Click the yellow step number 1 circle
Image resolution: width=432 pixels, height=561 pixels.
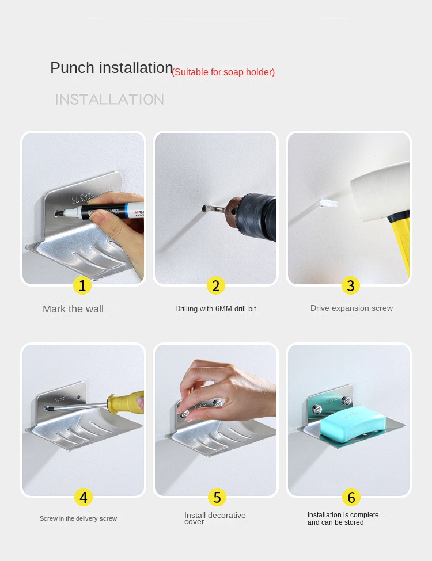[x=82, y=285]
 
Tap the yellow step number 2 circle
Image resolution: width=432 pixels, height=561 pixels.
[x=215, y=285]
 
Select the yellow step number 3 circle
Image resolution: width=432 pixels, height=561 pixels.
[x=351, y=285]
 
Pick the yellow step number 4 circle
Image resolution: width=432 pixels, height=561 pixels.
[x=84, y=497]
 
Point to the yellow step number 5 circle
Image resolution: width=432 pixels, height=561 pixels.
[x=217, y=497]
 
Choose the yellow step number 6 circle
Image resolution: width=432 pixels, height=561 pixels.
[x=351, y=497]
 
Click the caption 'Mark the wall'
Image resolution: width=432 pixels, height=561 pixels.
[x=73, y=309]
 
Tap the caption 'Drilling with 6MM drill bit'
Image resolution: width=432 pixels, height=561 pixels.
[x=215, y=308]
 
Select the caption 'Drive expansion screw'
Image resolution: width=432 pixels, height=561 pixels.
[x=351, y=308]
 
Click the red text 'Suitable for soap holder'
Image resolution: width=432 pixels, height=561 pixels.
[x=223, y=72]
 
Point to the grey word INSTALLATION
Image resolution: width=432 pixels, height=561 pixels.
[x=109, y=100]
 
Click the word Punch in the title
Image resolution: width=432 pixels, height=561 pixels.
[x=73, y=68]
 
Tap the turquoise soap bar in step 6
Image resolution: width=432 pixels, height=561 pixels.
[x=353, y=426]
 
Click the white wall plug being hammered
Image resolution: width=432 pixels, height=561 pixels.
[x=328, y=203]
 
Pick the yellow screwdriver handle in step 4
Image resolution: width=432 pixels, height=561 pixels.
[x=126, y=403]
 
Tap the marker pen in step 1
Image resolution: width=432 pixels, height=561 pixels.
[x=100, y=211]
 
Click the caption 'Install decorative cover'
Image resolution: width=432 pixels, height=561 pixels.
[x=215, y=518]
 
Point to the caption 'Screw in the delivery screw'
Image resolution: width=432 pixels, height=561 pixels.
[x=78, y=518]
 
